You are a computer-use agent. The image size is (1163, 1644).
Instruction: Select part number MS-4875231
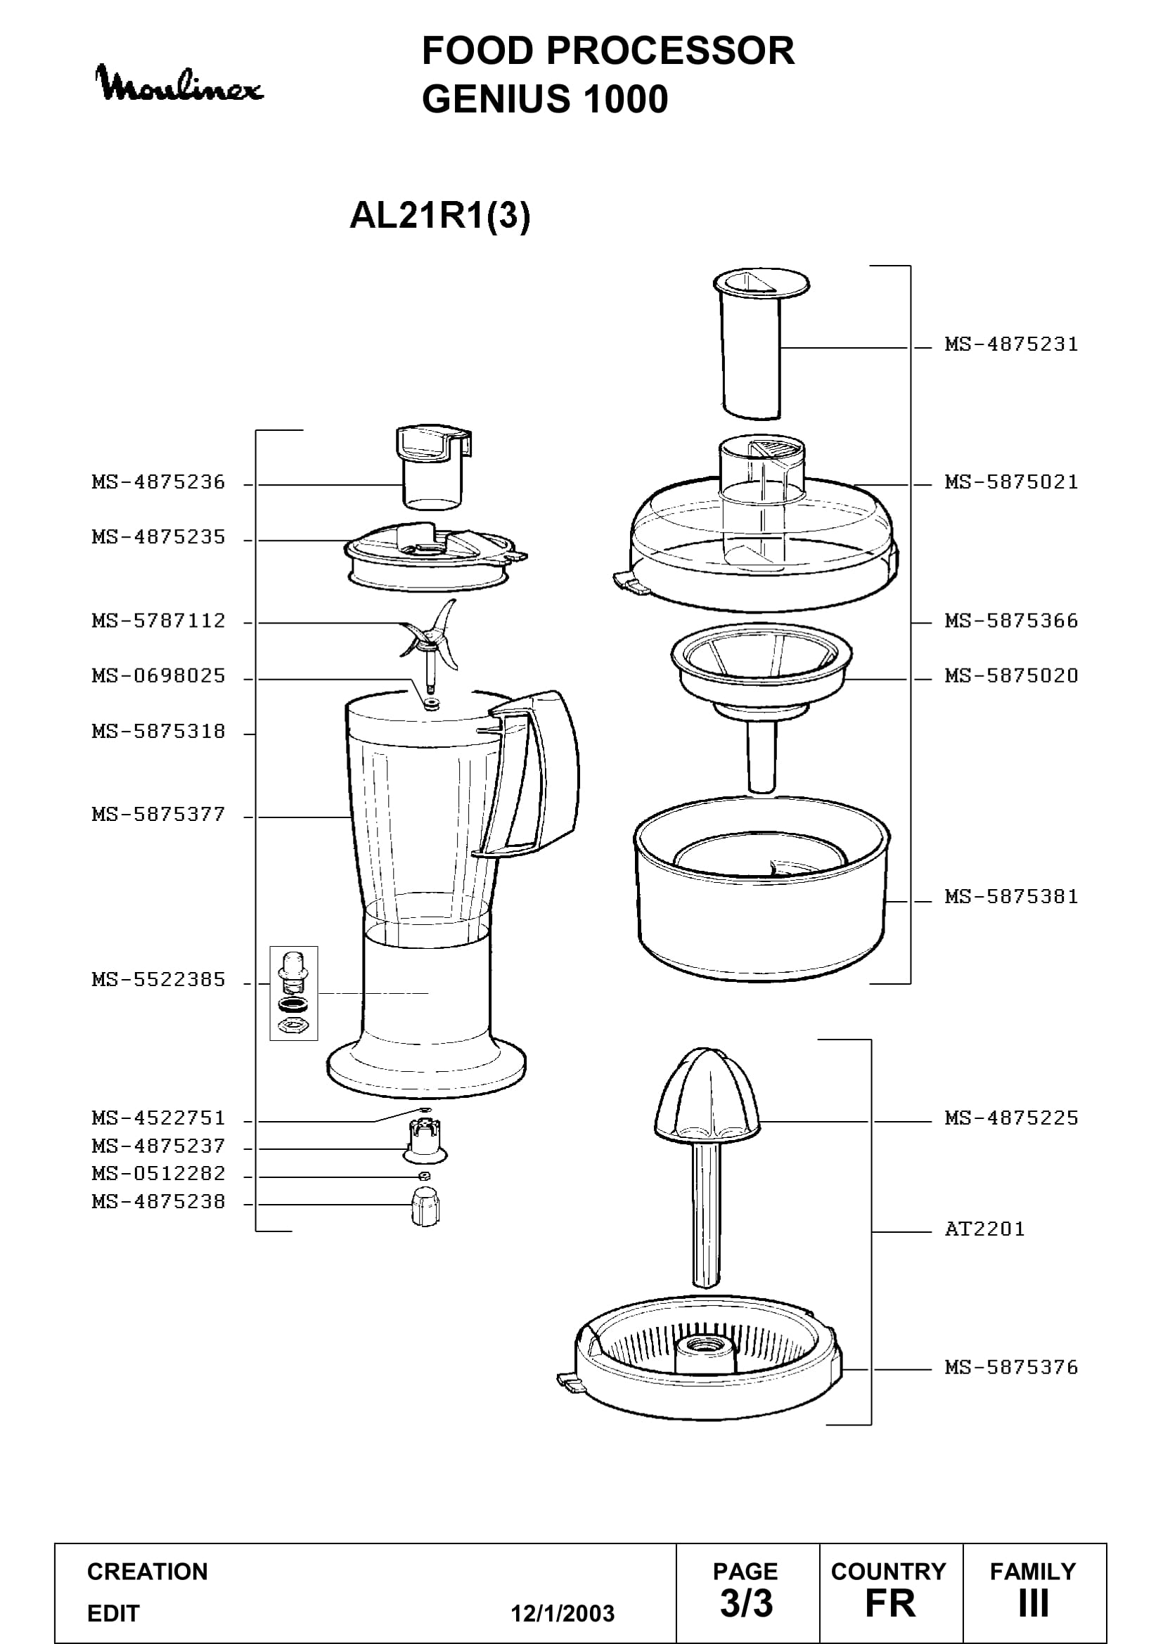click(x=1011, y=344)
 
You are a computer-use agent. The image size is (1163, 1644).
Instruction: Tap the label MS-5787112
click(x=158, y=621)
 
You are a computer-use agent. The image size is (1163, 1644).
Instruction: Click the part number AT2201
click(x=984, y=1229)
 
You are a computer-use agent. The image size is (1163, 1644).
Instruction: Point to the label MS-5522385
click(x=158, y=980)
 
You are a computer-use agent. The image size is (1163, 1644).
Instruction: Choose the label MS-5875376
click(x=1011, y=1368)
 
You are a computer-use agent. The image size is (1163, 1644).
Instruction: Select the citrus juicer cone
click(x=707, y=1096)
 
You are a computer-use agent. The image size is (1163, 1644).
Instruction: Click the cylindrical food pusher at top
click(x=762, y=344)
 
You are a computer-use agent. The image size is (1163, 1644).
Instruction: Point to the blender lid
click(x=435, y=555)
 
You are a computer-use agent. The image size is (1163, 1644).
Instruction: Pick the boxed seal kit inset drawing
click(x=294, y=993)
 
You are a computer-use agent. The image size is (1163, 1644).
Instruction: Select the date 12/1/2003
click(x=563, y=1614)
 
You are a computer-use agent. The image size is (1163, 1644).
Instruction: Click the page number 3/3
click(x=746, y=1604)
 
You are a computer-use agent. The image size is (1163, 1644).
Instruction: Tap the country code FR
click(x=890, y=1604)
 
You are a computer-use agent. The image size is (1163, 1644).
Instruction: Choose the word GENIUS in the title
click(x=497, y=99)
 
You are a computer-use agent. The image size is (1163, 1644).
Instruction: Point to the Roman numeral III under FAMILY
click(x=1034, y=1604)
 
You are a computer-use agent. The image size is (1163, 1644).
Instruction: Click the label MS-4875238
click(x=158, y=1201)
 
